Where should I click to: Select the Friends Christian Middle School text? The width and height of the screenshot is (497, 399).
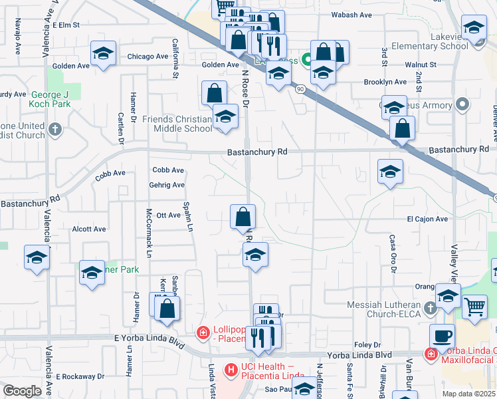(177, 124)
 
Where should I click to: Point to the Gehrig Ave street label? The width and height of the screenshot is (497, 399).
(167, 185)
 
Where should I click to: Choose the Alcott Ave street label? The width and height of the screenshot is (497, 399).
(89, 229)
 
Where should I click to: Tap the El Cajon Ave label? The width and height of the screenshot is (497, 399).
(425, 219)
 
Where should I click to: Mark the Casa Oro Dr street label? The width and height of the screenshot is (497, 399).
(393, 254)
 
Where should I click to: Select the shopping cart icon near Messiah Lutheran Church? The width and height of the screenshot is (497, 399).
(474, 307)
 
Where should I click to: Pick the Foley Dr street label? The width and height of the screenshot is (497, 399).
(367, 345)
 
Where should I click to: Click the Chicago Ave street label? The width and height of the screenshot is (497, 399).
(148, 57)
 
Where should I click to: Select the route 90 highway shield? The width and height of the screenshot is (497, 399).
(300, 88)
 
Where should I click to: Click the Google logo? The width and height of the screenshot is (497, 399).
(21, 391)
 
